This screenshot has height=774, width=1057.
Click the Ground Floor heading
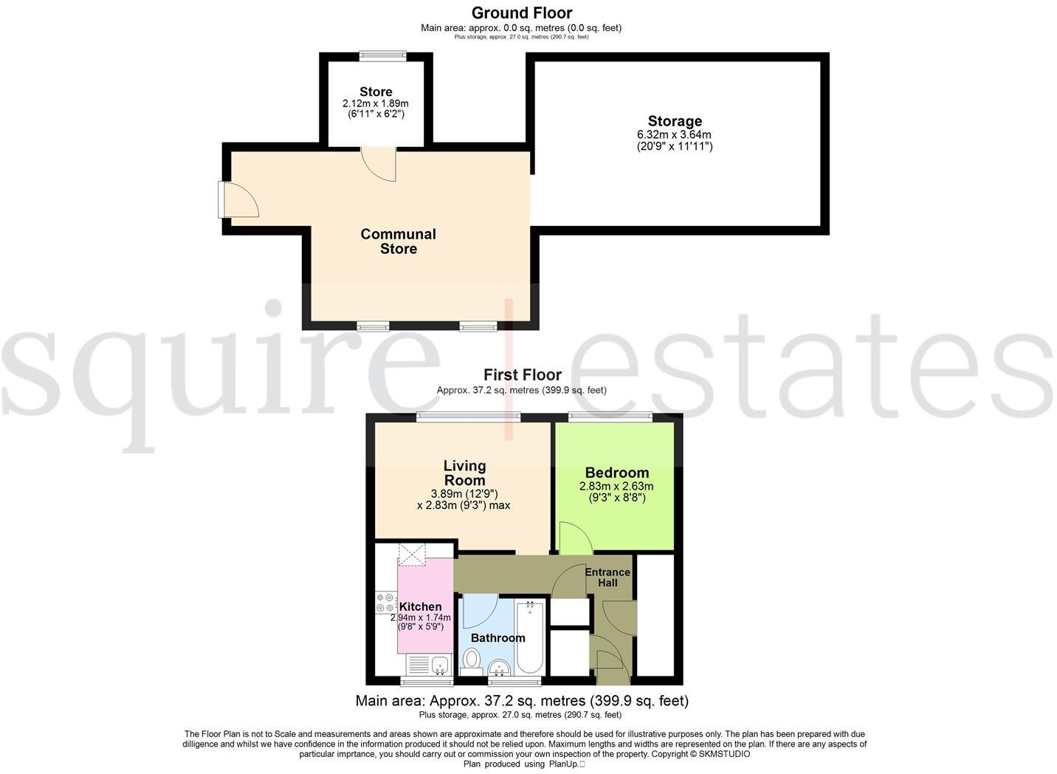click(x=521, y=13)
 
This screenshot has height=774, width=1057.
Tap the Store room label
click(x=376, y=92)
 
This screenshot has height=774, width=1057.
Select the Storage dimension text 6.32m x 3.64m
click(x=674, y=135)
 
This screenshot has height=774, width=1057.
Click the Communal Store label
click(x=398, y=242)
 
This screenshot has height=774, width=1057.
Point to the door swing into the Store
click(x=380, y=162)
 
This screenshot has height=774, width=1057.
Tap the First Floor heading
click(x=522, y=375)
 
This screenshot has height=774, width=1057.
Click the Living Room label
click(x=464, y=473)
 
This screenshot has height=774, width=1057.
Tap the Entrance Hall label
click(x=607, y=577)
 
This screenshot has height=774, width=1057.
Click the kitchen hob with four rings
click(x=385, y=603)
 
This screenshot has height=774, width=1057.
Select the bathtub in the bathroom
click(x=530, y=637)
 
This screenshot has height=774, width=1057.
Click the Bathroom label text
click(x=497, y=638)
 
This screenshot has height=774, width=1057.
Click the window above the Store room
click(x=382, y=55)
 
